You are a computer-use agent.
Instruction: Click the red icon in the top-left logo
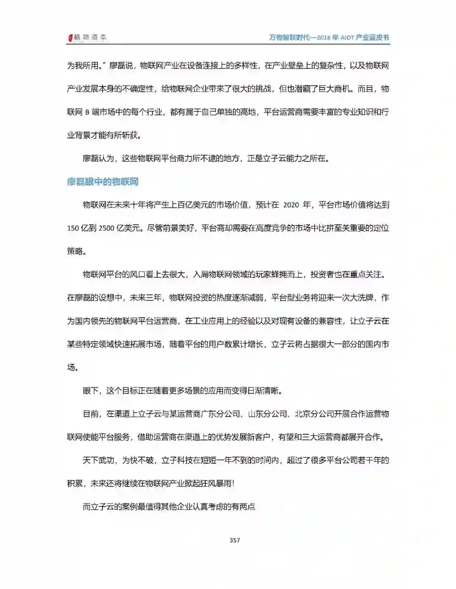[x=71, y=38]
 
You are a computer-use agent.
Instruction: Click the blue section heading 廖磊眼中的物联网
[x=103, y=182]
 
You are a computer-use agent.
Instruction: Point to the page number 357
[x=235, y=540]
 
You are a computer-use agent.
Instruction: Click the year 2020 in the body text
[x=291, y=205]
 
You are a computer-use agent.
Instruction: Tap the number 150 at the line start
[x=73, y=228]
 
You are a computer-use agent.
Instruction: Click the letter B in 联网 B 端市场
[x=87, y=112]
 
